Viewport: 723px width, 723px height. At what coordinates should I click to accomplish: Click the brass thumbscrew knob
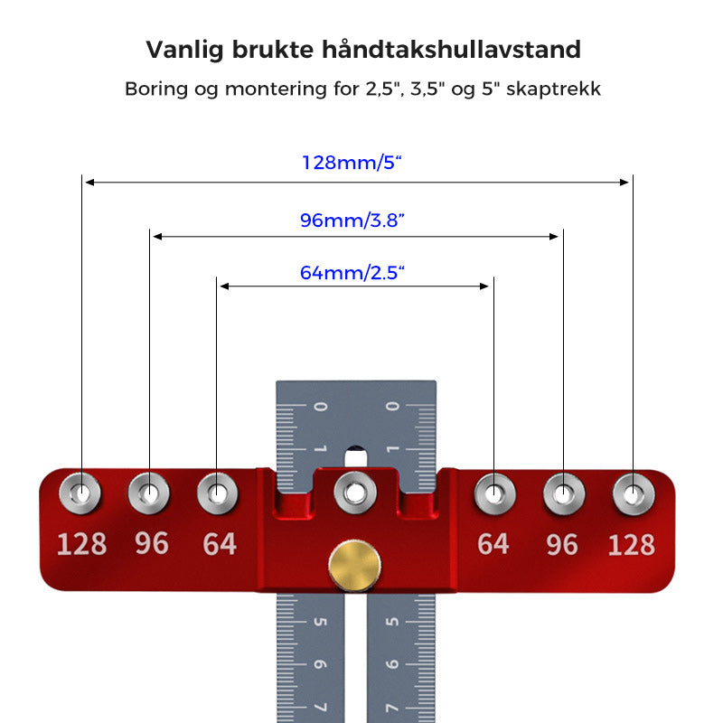point(354,566)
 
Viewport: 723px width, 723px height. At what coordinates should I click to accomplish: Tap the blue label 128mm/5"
point(352,163)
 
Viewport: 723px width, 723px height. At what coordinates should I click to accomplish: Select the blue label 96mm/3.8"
point(352,221)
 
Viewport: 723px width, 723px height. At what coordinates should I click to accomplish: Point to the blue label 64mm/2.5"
point(352,273)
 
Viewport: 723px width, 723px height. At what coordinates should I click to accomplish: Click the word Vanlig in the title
point(185,51)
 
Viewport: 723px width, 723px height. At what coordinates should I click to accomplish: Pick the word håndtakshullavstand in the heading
point(451,50)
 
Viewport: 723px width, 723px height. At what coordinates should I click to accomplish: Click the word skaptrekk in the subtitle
point(553,89)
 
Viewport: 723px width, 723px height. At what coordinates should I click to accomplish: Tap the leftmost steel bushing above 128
point(80,493)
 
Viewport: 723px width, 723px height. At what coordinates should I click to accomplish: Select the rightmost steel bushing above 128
point(634,494)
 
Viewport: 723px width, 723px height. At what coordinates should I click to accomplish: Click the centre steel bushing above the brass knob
point(354,493)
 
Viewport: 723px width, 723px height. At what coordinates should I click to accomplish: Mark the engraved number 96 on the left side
point(152,543)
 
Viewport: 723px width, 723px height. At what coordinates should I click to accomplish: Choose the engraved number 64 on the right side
point(493,544)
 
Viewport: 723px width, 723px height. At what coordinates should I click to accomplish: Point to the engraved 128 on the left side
point(81,544)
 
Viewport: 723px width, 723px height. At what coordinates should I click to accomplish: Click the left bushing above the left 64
point(217,493)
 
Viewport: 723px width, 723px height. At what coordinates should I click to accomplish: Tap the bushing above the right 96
point(564,494)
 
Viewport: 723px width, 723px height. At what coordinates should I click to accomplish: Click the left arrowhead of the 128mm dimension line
point(89,183)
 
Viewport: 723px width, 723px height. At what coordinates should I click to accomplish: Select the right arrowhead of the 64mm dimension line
point(484,286)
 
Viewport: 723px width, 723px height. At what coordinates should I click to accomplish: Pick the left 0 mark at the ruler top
point(321,406)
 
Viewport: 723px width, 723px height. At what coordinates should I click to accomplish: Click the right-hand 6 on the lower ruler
point(392,664)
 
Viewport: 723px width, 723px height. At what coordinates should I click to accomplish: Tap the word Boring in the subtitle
point(156,89)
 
